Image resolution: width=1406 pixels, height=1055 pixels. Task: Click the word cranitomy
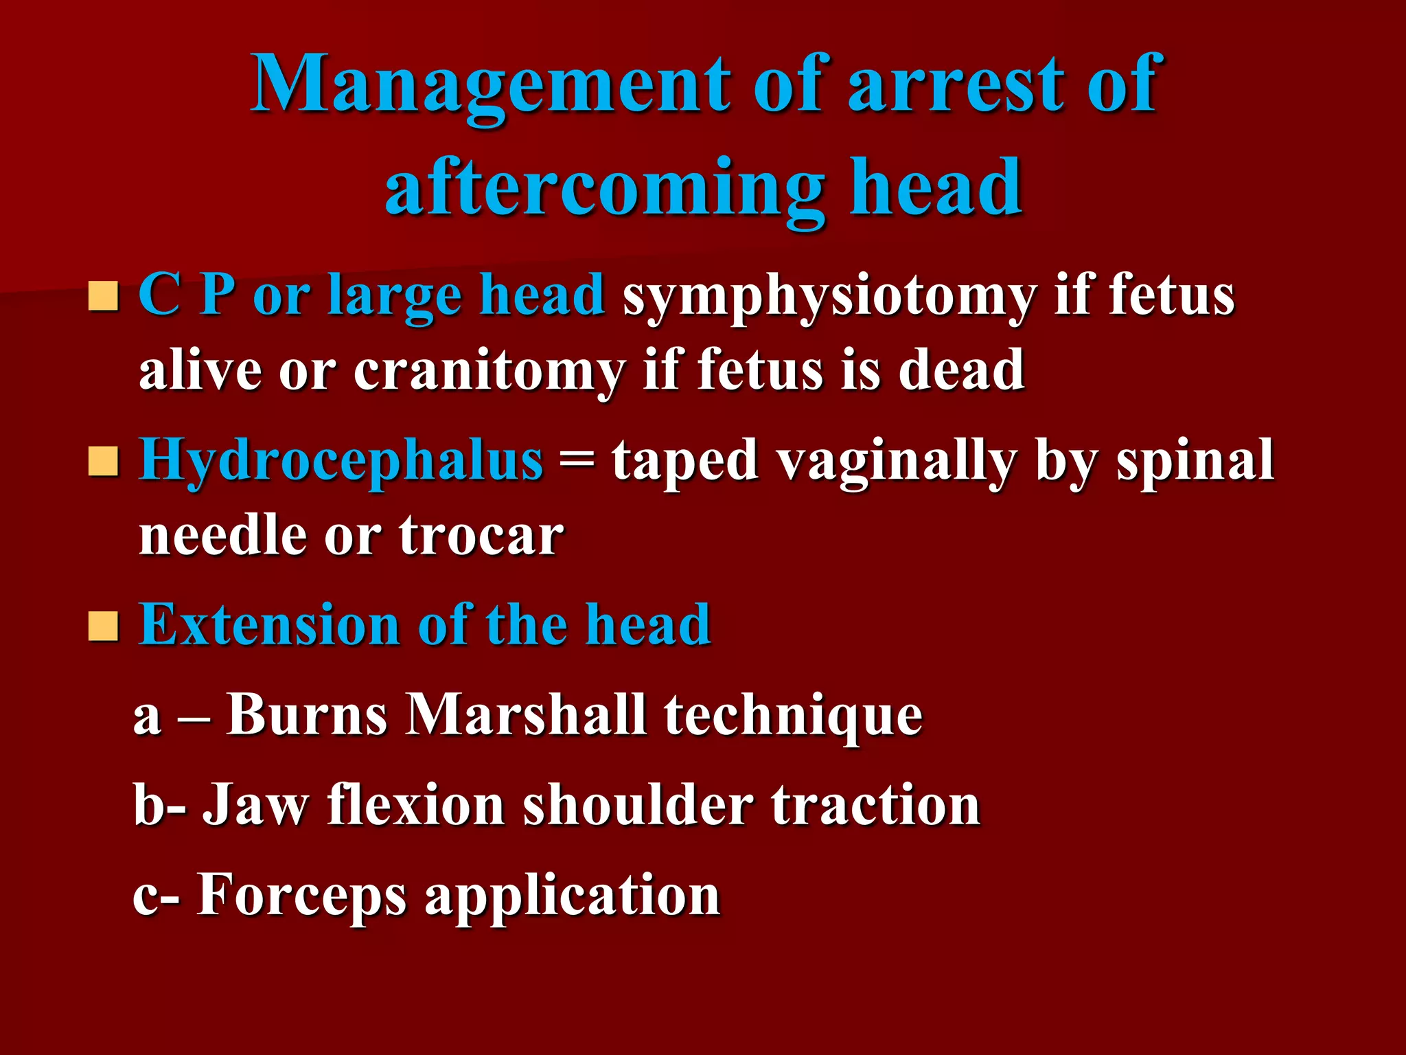[489, 371]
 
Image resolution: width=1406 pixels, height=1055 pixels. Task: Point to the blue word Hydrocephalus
[341, 460]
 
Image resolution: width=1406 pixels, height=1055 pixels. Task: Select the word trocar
[481, 536]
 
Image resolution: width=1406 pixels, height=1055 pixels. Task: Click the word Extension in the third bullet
[270, 625]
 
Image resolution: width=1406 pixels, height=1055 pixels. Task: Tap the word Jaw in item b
[255, 806]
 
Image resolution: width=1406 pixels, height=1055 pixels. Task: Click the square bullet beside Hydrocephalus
[104, 462]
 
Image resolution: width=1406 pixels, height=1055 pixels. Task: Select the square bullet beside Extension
[104, 626]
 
